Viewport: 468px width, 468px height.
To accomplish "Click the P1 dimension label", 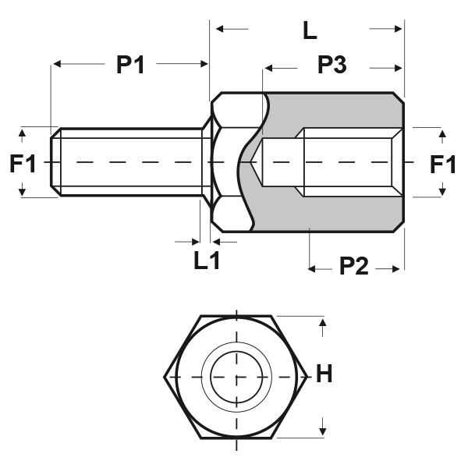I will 130,66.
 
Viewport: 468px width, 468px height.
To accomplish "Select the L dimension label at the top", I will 310,31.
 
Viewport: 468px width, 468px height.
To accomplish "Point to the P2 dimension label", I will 354,267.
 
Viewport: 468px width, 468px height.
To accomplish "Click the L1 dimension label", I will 207,261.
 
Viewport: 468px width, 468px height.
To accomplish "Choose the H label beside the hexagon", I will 324,375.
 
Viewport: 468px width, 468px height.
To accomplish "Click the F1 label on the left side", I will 23,164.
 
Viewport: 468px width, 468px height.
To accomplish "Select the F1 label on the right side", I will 443,164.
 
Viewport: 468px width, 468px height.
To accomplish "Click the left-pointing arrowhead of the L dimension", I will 219,29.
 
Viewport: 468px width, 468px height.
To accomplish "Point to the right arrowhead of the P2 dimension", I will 399,268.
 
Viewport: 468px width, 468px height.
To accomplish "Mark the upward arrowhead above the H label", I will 323,321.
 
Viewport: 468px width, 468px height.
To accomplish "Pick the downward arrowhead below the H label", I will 323,431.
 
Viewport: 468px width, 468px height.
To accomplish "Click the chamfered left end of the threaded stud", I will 55,162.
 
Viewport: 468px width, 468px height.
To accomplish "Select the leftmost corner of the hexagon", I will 165,377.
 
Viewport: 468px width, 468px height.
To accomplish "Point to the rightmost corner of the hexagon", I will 307,377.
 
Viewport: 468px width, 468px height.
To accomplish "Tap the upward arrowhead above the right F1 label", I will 442,136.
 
